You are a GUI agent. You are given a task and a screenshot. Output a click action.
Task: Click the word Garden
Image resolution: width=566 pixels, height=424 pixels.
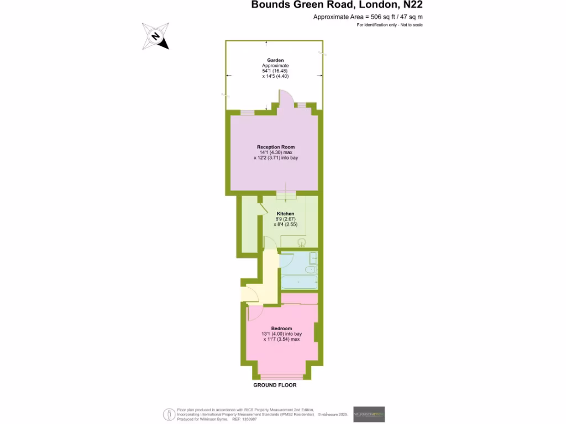click(275, 60)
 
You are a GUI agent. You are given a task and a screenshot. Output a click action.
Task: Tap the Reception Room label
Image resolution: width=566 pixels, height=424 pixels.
click(276, 147)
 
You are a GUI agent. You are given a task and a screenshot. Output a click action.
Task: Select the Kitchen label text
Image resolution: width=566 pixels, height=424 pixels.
click(285, 214)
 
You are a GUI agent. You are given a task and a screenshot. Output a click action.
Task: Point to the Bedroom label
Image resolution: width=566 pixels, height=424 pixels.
click(282, 328)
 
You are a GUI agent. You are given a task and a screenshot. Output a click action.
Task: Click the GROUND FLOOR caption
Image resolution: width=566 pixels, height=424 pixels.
click(275, 385)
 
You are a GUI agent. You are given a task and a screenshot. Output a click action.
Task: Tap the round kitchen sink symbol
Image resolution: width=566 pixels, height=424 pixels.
click(302, 241)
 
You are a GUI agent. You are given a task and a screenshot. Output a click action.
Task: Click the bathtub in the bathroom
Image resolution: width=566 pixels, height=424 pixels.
click(299, 282)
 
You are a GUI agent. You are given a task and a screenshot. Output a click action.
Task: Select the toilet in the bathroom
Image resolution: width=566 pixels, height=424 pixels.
click(310, 269)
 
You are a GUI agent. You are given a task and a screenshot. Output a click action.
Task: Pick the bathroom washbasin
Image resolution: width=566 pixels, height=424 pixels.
click(313, 258)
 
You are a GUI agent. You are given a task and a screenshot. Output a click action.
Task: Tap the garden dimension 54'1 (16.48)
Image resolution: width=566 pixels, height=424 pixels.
click(275, 71)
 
